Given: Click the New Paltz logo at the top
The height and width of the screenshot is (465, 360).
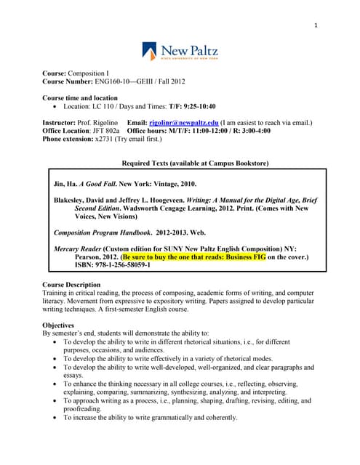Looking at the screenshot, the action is click(x=180, y=52).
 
